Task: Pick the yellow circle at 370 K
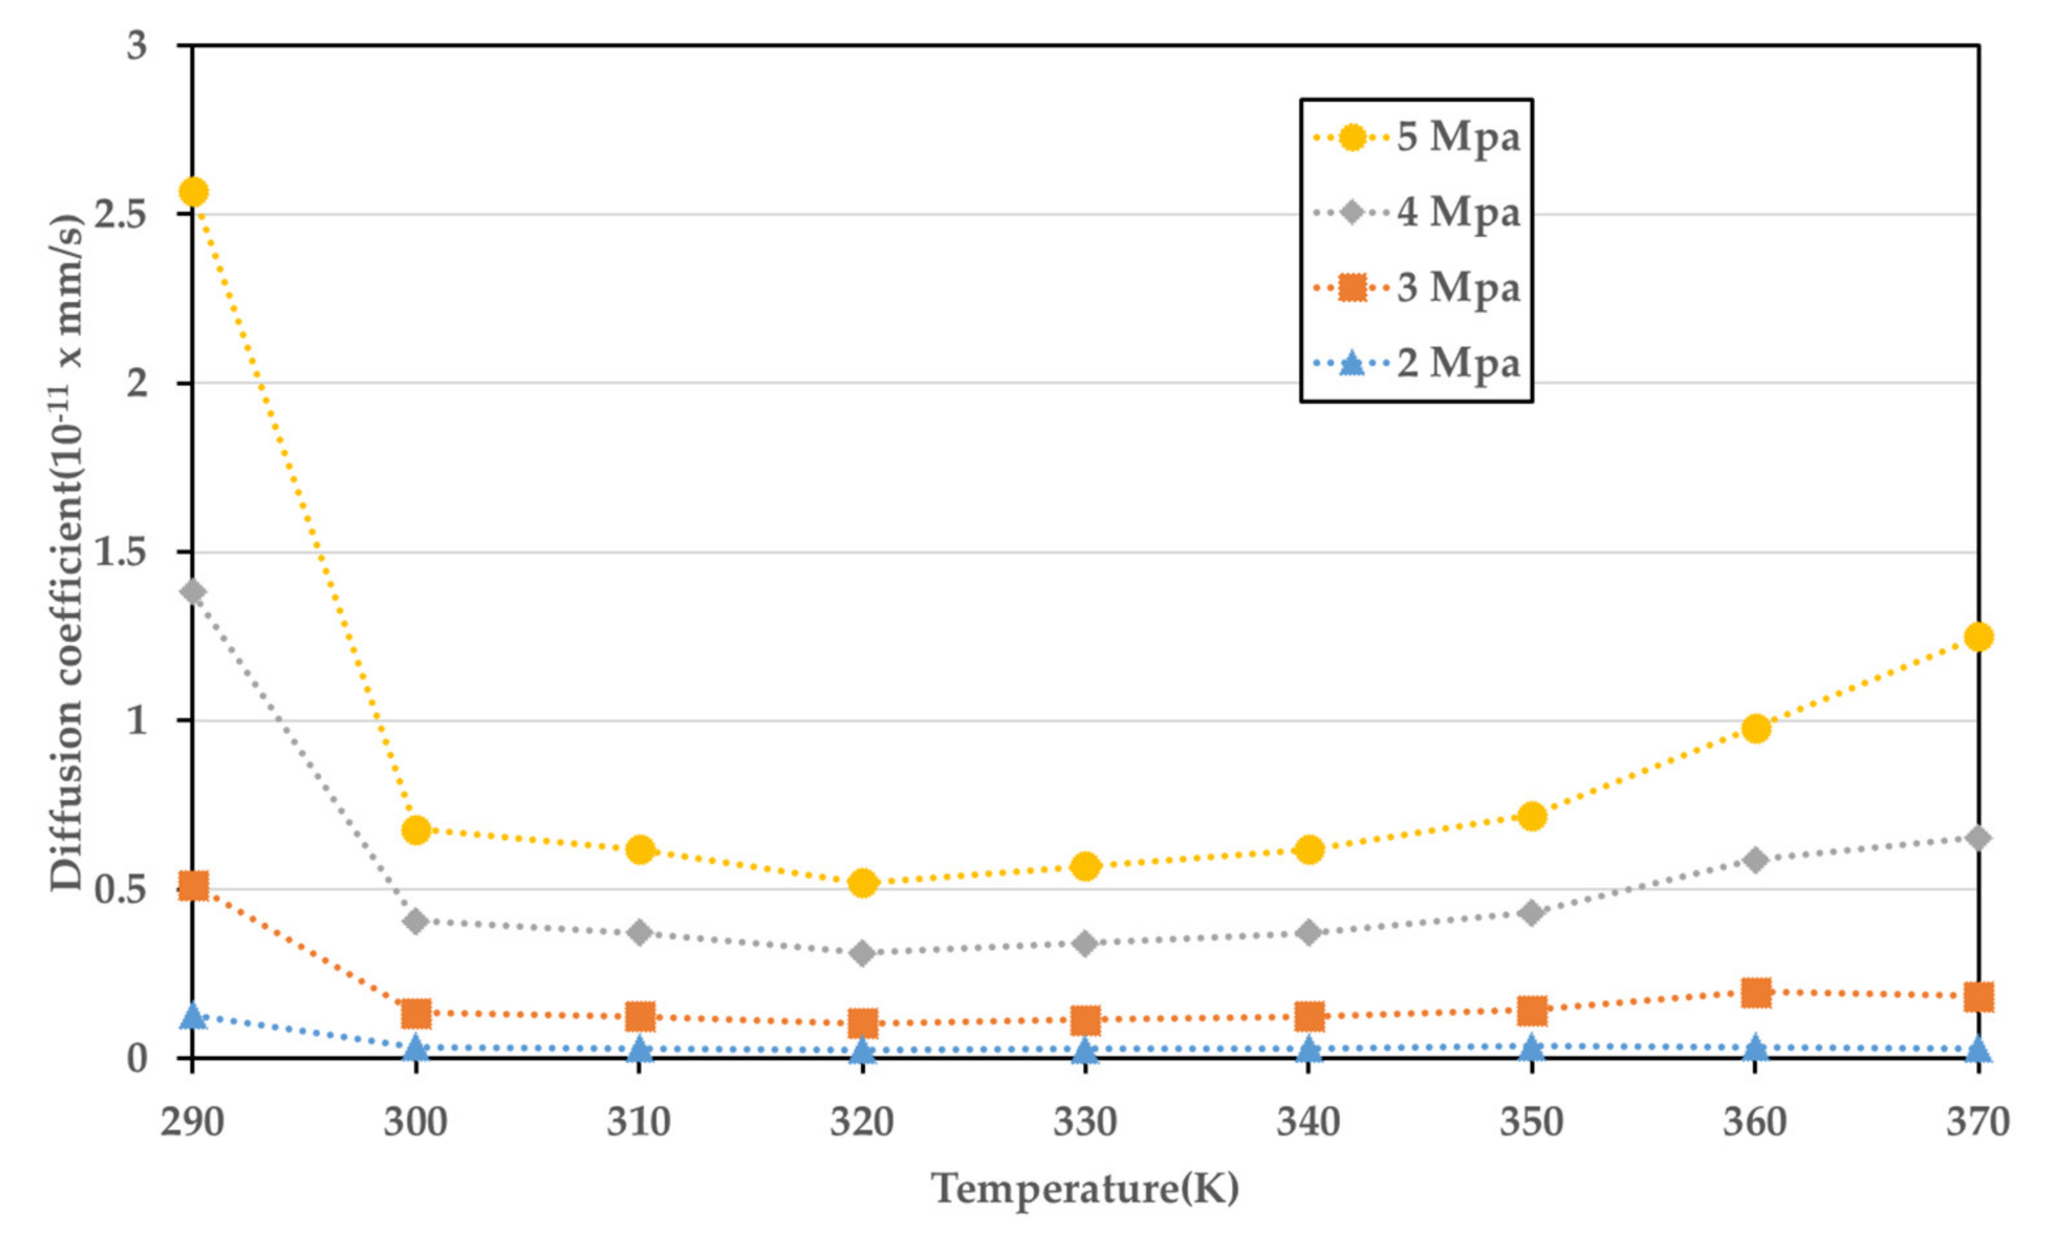1978,637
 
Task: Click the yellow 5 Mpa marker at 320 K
863,883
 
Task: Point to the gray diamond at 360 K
1756,859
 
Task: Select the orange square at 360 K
1756,992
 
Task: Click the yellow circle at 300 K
416,830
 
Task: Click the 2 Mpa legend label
1458,364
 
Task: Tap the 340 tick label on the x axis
1308,1122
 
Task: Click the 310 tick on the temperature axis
638,1122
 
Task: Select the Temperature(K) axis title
1085,1189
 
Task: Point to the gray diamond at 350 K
1531,913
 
